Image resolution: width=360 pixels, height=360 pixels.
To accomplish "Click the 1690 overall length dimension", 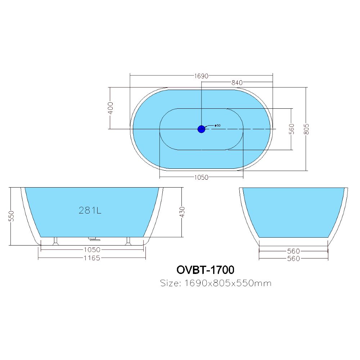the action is [201, 76].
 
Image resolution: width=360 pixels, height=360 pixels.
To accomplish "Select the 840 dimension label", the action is [237, 82].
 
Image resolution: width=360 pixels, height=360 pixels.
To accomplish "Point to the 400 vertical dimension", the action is [111, 108].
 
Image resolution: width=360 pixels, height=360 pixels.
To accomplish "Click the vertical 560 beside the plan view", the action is [291, 129].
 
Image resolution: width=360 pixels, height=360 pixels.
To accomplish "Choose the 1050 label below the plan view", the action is [201, 177].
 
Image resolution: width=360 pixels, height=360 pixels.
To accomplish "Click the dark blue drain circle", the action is [201, 129].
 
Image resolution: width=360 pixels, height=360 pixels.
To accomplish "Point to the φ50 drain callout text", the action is [217, 125].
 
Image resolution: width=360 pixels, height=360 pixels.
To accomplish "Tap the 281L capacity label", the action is [90, 210].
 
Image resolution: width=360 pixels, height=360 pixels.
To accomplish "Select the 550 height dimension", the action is [12, 216].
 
